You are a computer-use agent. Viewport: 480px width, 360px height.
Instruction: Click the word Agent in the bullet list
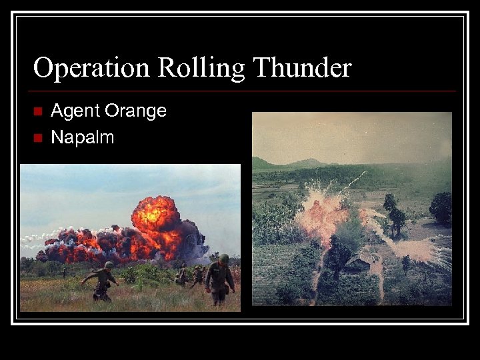pyautogui.click(x=73, y=111)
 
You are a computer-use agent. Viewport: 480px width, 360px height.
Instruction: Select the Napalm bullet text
pyautogui.click(x=82, y=137)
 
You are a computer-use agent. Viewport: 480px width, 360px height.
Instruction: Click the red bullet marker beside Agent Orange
pyautogui.click(x=37, y=111)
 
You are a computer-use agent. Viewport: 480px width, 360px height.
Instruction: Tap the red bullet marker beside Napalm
pyautogui.click(x=37, y=138)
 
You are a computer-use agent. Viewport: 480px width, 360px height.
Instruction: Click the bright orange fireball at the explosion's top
pyautogui.click(x=155, y=215)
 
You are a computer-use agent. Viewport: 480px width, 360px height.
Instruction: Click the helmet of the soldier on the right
pyautogui.click(x=224, y=259)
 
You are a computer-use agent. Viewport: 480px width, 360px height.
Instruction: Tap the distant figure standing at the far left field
pyautogui.click(x=64, y=272)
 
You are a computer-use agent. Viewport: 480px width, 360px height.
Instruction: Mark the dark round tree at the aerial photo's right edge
pyautogui.click(x=441, y=207)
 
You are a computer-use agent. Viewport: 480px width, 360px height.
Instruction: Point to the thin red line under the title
pyautogui.click(x=243, y=91)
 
